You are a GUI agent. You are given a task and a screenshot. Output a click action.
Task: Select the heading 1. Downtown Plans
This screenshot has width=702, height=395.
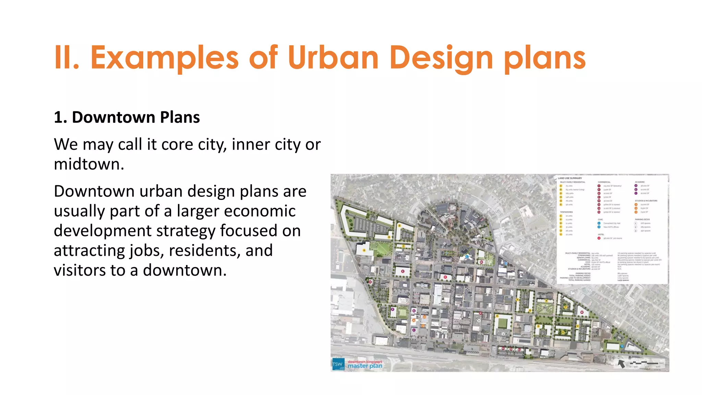tap(127, 118)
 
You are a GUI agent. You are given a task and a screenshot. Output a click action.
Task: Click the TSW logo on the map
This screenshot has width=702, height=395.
tap(338, 364)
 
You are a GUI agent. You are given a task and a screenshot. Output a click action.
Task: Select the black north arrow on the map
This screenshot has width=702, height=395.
tap(621, 363)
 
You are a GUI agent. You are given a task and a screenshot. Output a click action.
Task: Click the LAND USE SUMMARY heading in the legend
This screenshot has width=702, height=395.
tap(569, 178)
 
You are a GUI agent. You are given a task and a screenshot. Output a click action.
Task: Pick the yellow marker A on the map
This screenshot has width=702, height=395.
tap(364, 250)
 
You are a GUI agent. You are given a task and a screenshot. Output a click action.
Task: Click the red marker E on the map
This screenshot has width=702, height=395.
tap(403, 271)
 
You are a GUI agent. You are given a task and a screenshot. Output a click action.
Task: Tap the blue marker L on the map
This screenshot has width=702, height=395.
tap(467, 256)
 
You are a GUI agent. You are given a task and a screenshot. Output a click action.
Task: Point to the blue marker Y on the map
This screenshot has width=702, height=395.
tap(622, 347)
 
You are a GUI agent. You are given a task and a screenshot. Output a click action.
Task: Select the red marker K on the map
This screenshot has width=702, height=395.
tap(445, 277)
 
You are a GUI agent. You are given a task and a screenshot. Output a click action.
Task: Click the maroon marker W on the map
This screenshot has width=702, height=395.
tap(582, 312)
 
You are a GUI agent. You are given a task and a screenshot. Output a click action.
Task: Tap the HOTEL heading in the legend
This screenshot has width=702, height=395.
tap(601, 235)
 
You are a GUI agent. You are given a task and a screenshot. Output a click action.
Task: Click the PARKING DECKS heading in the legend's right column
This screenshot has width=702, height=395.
tap(642, 219)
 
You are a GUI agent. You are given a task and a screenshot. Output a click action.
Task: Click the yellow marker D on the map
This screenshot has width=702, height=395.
tap(389, 237)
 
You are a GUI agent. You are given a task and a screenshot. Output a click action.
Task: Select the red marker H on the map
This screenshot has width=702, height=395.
tap(370, 282)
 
